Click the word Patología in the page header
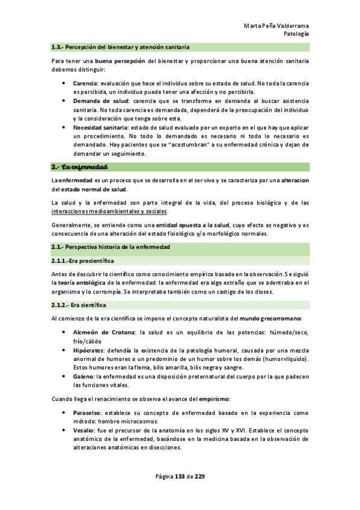pyautogui.click(x=296, y=34)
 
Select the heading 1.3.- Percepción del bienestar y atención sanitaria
pyautogui.click(x=121, y=46)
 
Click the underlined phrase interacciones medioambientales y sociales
pyautogui.click(x=109, y=211)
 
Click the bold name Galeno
pyautogui.click(x=84, y=376)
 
